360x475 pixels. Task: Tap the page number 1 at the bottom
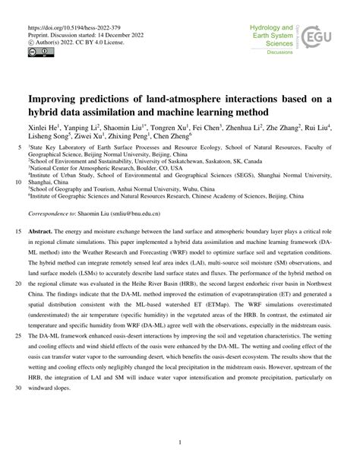pyautogui.click(x=180, y=442)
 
